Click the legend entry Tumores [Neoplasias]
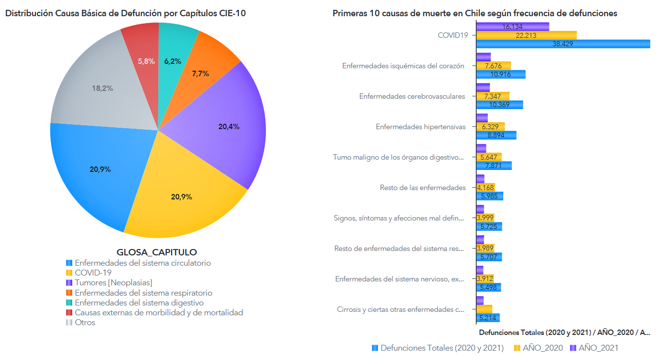click(x=113, y=283)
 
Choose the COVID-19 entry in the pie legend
click(x=93, y=273)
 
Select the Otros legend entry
click(x=85, y=323)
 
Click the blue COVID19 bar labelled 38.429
click(x=563, y=44)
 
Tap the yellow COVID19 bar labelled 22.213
click(x=526, y=35)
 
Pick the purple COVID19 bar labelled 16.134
click(x=513, y=27)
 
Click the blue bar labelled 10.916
click(x=501, y=74)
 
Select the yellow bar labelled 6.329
click(x=491, y=127)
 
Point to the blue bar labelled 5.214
click(x=488, y=318)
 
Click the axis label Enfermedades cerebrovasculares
click(x=412, y=96)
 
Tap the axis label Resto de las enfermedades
click(x=423, y=188)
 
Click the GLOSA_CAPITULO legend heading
click(x=156, y=252)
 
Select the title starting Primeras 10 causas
click(x=475, y=13)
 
